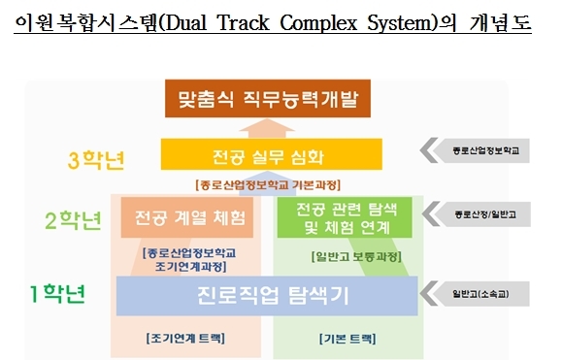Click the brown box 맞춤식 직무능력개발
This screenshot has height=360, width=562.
point(267,99)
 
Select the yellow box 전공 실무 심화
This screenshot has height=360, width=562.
point(272,154)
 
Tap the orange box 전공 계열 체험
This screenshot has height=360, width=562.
point(187,217)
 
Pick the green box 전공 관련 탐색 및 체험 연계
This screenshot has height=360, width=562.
point(345,217)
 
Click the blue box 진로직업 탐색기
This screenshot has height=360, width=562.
point(267,296)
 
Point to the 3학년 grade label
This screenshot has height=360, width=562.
point(96,160)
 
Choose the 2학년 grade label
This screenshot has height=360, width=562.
point(74,220)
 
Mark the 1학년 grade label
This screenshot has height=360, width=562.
point(57,294)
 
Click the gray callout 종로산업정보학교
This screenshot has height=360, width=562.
point(475,150)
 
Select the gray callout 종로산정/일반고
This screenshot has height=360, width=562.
point(477,214)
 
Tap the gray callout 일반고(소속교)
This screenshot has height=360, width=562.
point(475,294)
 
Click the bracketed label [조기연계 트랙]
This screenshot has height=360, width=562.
point(185,338)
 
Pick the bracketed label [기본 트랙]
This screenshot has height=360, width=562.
point(347,339)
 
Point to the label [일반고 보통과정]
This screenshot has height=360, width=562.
point(356,256)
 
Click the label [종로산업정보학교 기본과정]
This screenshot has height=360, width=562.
point(268,185)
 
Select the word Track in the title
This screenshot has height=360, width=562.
point(244,23)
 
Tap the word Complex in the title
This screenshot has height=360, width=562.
point(318,23)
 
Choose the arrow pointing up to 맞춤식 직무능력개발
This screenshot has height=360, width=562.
point(267,128)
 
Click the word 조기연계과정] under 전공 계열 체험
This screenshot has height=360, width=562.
point(190,267)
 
